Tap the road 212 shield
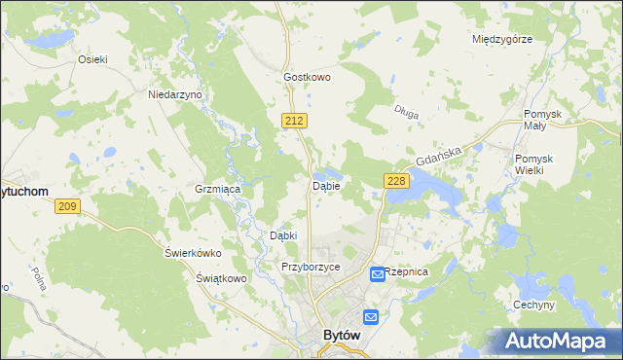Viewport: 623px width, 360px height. click(297, 120)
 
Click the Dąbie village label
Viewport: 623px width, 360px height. click(325, 185)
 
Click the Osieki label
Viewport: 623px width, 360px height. click(92, 58)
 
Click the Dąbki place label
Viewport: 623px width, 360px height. click(282, 235)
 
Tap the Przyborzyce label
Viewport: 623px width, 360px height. click(310, 266)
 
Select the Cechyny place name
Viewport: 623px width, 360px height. click(533, 305)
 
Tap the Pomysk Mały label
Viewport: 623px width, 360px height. click(543, 120)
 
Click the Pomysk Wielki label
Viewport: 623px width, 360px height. click(534, 163)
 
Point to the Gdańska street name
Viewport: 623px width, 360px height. click(435, 156)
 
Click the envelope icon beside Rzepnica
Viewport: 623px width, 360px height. click(377, 275)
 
